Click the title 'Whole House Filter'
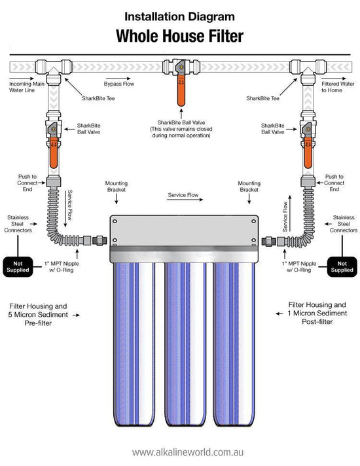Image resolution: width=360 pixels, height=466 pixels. tap(180, 35)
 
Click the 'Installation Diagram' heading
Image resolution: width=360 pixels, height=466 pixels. tap(180, 15)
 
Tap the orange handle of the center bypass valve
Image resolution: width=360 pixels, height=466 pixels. tap(181, 91)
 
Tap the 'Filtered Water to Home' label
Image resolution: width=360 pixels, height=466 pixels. tap(337, 87)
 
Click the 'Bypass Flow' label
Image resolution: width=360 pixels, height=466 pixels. tap(118, 84)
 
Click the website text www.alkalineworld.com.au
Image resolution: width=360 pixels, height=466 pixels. tap(180, 452)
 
